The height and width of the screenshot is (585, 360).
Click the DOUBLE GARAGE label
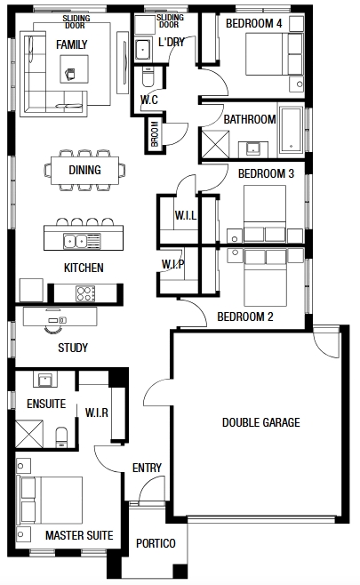(x=260, y=422)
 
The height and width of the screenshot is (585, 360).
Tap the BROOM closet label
(x=155, y=133)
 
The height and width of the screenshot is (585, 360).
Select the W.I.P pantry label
(x=172, y=264)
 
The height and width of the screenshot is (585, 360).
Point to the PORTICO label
(x=156, y=543)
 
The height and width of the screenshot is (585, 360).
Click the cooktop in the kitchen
(x=85, y=293)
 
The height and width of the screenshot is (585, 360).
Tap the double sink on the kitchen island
(x=82, y=241)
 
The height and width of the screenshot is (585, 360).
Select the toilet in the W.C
(x=148, y=76)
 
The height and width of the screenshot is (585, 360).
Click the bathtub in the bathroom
(x=291, y=130)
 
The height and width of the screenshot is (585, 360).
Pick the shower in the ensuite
(x=29, y=434)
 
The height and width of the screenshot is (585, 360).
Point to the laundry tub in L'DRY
(x=143, y=49)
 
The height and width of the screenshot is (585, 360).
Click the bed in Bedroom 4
(x=274, y=54)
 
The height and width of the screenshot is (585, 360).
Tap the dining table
(x=85, y=171)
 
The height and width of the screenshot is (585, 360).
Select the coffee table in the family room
(x=75, y=69)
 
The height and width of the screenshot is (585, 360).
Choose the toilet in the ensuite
(x=61, y=437)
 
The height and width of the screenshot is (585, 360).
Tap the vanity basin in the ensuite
(x=45, y=381)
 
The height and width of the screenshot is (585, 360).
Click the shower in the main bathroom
(x=215, y=144)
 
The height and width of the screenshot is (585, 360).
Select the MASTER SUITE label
(x=79, y=535)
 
